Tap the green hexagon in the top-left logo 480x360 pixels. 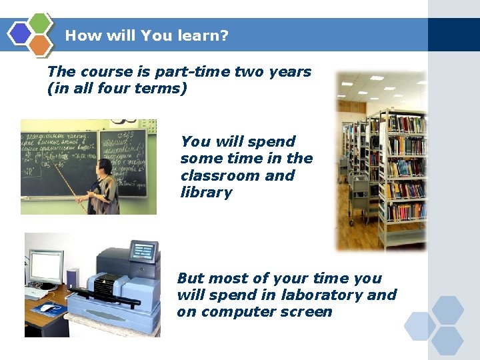click(x=41, y=23)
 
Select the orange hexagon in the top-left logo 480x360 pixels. click(x=41, y=44)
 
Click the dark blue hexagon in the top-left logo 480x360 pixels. click(x=20, y=33)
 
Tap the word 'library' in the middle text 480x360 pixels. click(x=206, y=193)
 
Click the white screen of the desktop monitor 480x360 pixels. click(x=45, y=266)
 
